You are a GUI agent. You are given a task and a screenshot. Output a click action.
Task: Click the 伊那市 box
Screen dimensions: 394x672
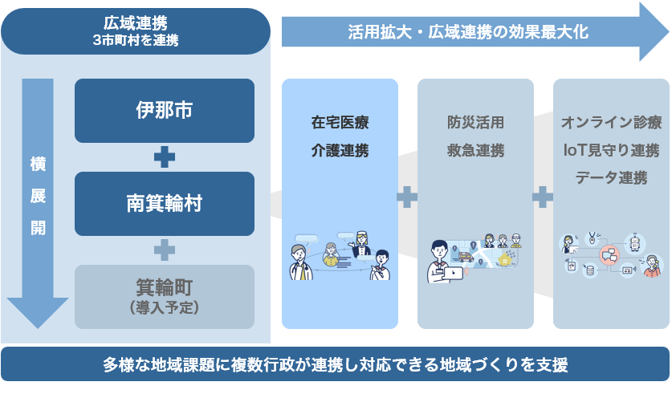tap(164, 111)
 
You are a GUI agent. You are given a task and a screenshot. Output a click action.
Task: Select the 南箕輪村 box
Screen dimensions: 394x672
tap(164, 204)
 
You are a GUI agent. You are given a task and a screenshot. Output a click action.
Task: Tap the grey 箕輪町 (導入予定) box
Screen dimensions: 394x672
tap(164, 296)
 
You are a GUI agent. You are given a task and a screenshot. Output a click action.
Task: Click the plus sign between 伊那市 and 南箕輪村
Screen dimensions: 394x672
tap(164, 157)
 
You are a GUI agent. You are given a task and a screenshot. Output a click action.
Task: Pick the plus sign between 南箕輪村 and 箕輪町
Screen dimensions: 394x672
tap(164, 250)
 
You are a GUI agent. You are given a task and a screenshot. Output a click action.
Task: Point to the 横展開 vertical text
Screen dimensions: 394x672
tap(38, 197)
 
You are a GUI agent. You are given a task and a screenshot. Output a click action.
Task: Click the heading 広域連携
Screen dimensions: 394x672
tap(135, 22)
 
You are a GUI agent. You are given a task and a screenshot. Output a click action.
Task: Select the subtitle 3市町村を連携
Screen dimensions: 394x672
tap(135, 39)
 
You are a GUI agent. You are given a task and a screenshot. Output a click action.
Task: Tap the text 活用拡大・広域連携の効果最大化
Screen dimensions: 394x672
tap(468, 32)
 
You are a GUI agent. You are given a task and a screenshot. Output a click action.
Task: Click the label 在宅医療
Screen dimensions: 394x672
tap(340, 124)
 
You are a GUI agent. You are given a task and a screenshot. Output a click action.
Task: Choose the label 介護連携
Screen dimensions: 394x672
tap(340, 151)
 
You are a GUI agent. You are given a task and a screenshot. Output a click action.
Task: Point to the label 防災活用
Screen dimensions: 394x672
tap(475, 124)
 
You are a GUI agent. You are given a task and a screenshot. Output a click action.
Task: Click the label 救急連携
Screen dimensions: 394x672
tap(475, 151)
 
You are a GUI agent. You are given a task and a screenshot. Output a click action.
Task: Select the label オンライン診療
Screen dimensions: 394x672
tap(611, 124)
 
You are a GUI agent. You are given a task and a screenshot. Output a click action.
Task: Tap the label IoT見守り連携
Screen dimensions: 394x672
tap(611, 151)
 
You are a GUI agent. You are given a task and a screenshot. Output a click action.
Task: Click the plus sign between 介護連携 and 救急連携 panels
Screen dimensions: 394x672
tap(407, 196)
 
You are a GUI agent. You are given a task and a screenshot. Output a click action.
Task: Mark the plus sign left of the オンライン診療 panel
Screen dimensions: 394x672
tap(543, 196)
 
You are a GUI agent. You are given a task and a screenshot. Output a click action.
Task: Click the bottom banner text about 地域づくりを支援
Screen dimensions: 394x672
tap(336, 365)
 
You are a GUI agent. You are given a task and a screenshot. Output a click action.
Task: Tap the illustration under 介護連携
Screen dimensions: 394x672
tap(340, 254)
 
